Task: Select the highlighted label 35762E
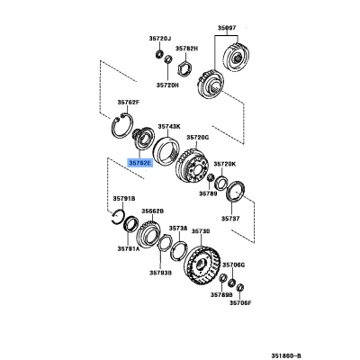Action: [139, 163]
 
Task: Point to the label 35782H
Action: [187, 48]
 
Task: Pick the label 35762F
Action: [130, 102]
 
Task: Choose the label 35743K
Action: [170, 126]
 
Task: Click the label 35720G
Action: [197, 137]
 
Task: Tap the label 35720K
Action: [224, 164]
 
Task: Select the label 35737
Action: [231, 219]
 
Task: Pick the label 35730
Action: [200, 231]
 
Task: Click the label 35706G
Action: [233, 265]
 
